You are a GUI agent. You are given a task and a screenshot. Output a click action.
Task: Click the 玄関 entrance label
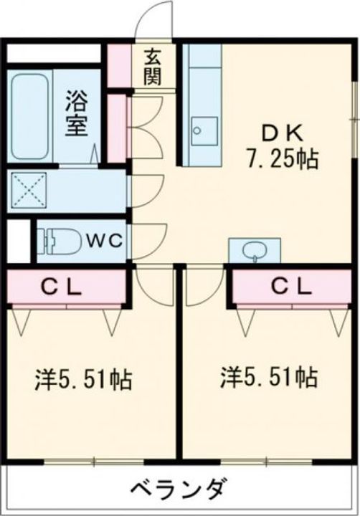[x=153, y=67]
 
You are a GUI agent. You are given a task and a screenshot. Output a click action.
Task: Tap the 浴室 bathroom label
[x=76, y=113]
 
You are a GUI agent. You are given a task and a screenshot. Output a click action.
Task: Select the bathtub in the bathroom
[x=29, y=116]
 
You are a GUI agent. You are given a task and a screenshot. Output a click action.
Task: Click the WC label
[x=105, y=241]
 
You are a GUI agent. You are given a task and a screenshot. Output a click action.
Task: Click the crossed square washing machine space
[x=29, y=189]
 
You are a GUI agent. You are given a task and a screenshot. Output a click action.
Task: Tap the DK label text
[x=281, y=133]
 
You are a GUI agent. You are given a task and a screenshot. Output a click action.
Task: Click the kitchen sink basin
[x=204, y=131]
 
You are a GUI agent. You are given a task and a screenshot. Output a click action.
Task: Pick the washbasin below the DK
[x=255, y=251]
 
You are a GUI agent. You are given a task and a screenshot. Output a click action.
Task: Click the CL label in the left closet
[x=61, y=287]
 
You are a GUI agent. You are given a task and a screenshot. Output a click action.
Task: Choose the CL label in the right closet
[x=291, y=287]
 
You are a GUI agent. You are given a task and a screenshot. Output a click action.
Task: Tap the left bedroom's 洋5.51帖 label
[x=83, y=379]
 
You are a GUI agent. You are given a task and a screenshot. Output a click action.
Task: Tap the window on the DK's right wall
[x=355, y=118]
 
